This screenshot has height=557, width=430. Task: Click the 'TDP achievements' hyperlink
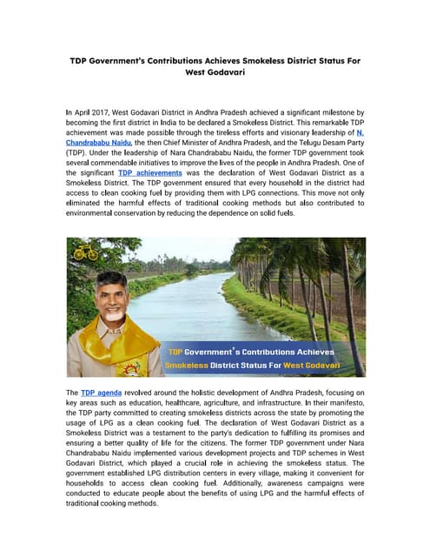point(149,173)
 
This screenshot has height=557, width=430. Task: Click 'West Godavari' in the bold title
point(215,73)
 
